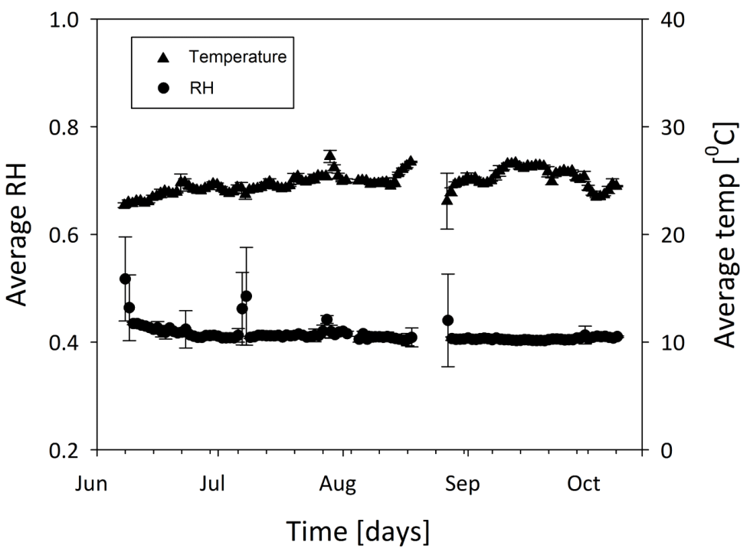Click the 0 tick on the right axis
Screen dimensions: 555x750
click(x=657, y=450)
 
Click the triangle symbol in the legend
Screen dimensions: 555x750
click(x=162, y=57)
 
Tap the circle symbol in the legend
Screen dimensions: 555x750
click(x=162, y=87)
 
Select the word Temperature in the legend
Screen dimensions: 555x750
click(x=237, y=57)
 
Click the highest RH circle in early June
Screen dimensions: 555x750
click(x=125, y=279)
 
